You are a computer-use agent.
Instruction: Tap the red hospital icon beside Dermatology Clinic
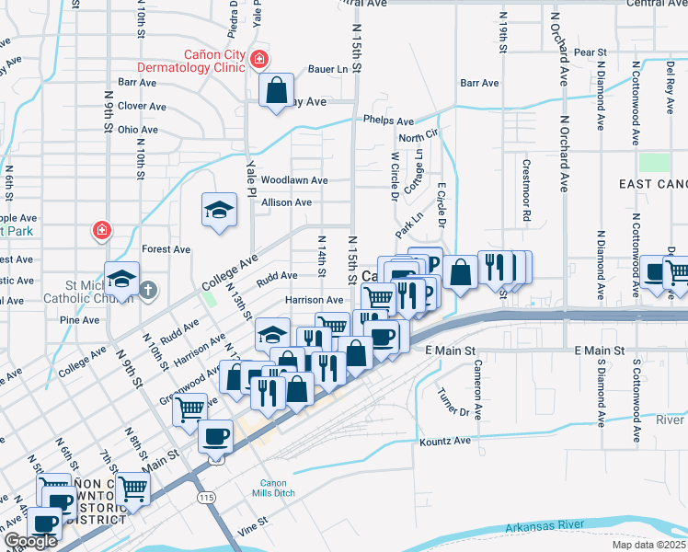(259, 60)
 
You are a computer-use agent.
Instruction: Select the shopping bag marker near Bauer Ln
(276, 90)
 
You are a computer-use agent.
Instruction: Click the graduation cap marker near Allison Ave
(219, 211)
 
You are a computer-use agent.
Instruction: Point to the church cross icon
(148, 291)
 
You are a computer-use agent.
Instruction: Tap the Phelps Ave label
(388, 121)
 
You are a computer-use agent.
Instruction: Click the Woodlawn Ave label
(294, 180)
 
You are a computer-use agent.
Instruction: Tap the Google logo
(30, 541)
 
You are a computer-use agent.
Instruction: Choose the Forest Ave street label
(166, 249)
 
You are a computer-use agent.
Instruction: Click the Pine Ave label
(78, 320)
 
